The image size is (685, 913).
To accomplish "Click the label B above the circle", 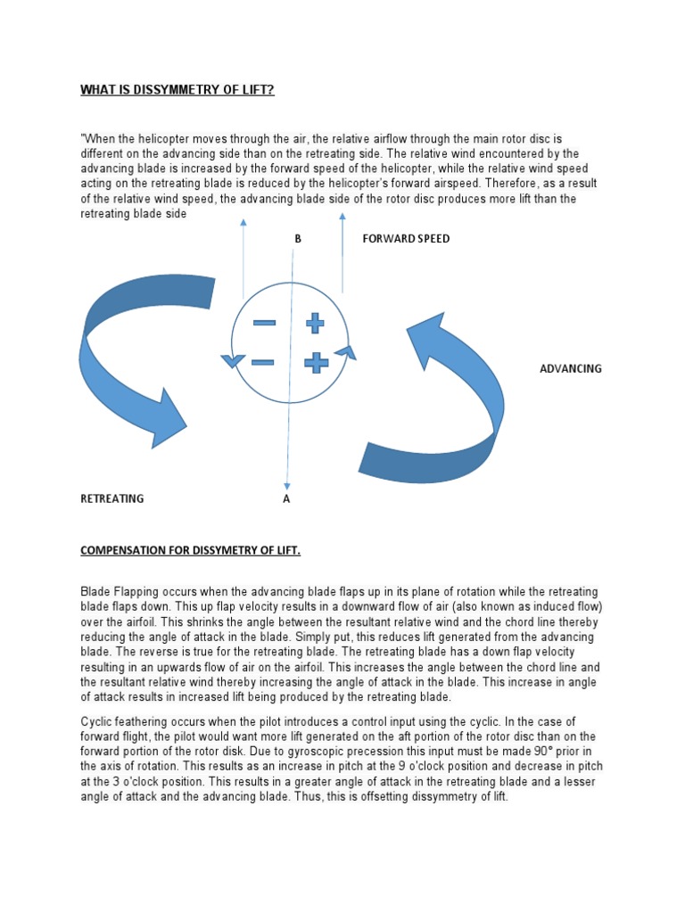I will tap(298, 239).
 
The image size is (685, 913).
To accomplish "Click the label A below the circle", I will tap(286, 499).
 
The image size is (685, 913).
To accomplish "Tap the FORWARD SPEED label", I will tap(406, 239).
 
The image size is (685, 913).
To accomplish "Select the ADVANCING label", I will tap(571, 368).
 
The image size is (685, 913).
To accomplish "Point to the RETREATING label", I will tap(112, 499).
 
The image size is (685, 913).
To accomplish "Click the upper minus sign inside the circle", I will tap(264, 323).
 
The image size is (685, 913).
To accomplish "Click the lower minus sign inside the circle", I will tap(263, 362).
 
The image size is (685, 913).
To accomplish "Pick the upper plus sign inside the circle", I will tap(315, 323).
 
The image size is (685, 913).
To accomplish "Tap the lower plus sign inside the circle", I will tap(316, 362).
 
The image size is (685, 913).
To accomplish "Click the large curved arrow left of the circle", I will tap(134, 357).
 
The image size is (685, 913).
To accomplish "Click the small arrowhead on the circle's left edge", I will tap(232, 360).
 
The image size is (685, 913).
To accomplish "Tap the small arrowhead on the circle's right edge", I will tap(346, 353).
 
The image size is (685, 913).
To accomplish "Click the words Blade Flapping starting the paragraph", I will tap(121, 592).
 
